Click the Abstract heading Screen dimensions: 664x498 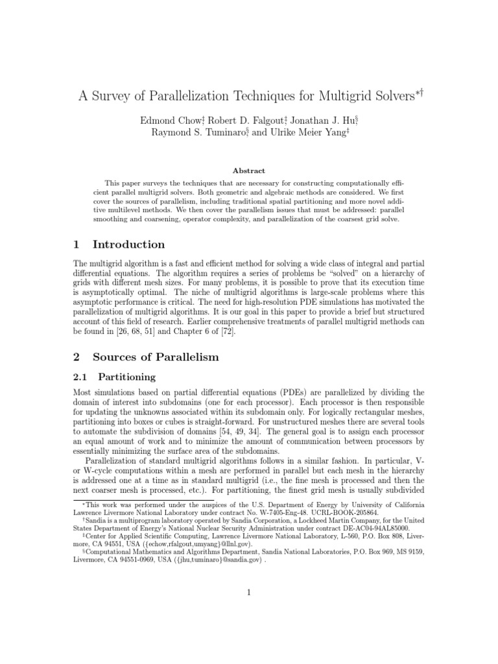249,171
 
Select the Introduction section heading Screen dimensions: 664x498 128,244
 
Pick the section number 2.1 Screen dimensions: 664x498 81,376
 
